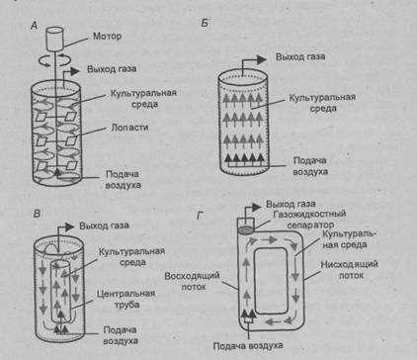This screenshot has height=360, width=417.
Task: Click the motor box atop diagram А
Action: [54, 39]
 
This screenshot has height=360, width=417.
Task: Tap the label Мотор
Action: [107, 36]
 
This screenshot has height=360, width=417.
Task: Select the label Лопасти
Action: [129, 128]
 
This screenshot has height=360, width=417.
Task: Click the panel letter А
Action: [35, 26]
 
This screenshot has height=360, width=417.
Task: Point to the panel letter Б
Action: [205, 23]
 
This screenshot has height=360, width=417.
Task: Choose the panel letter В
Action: [37, 214]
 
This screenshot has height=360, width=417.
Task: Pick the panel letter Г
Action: [200, 216]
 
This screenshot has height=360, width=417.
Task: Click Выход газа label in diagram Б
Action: [300, 56]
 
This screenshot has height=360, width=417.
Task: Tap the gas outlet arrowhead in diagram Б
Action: [262, 59]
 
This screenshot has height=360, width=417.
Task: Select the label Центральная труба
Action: [126, 299]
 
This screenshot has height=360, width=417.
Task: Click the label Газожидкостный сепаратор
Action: [309, 220]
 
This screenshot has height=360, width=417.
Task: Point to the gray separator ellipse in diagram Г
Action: [246, 230]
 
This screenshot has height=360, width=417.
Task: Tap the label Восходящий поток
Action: [192, 281]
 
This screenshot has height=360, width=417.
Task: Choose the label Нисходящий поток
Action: [349, 270]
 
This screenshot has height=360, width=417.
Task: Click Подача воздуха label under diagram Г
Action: [248, 346]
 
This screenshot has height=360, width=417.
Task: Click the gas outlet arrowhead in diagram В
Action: [69, 227]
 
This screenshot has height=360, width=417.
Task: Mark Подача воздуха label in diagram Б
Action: [310, 166]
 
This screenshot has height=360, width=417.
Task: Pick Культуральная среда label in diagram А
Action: [143, 99]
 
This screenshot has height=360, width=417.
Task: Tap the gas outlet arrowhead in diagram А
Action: [74, 71]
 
